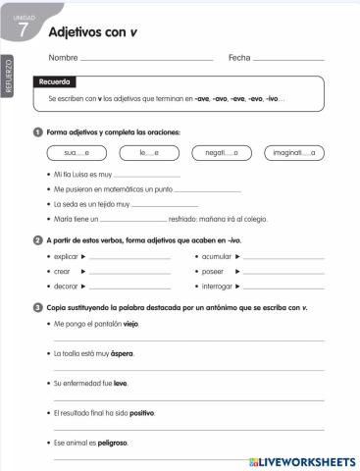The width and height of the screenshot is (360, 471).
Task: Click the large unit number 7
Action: [x=22, y=32]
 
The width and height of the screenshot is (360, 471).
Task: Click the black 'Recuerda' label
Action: [x=55, y=82]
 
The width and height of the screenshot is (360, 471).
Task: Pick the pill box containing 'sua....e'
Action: [x=77, y=153]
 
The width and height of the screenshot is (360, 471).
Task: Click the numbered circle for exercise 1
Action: [x=37, y=132]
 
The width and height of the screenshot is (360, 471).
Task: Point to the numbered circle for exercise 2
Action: [x=37, y=239]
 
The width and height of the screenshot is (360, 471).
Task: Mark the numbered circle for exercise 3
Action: [x=37, y=307]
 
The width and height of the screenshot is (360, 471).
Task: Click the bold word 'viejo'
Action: [x=131, y=323]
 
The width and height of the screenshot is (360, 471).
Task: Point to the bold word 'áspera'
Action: [x=122, y=353]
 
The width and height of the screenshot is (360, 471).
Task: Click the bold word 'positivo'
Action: [x=141, y=413]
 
